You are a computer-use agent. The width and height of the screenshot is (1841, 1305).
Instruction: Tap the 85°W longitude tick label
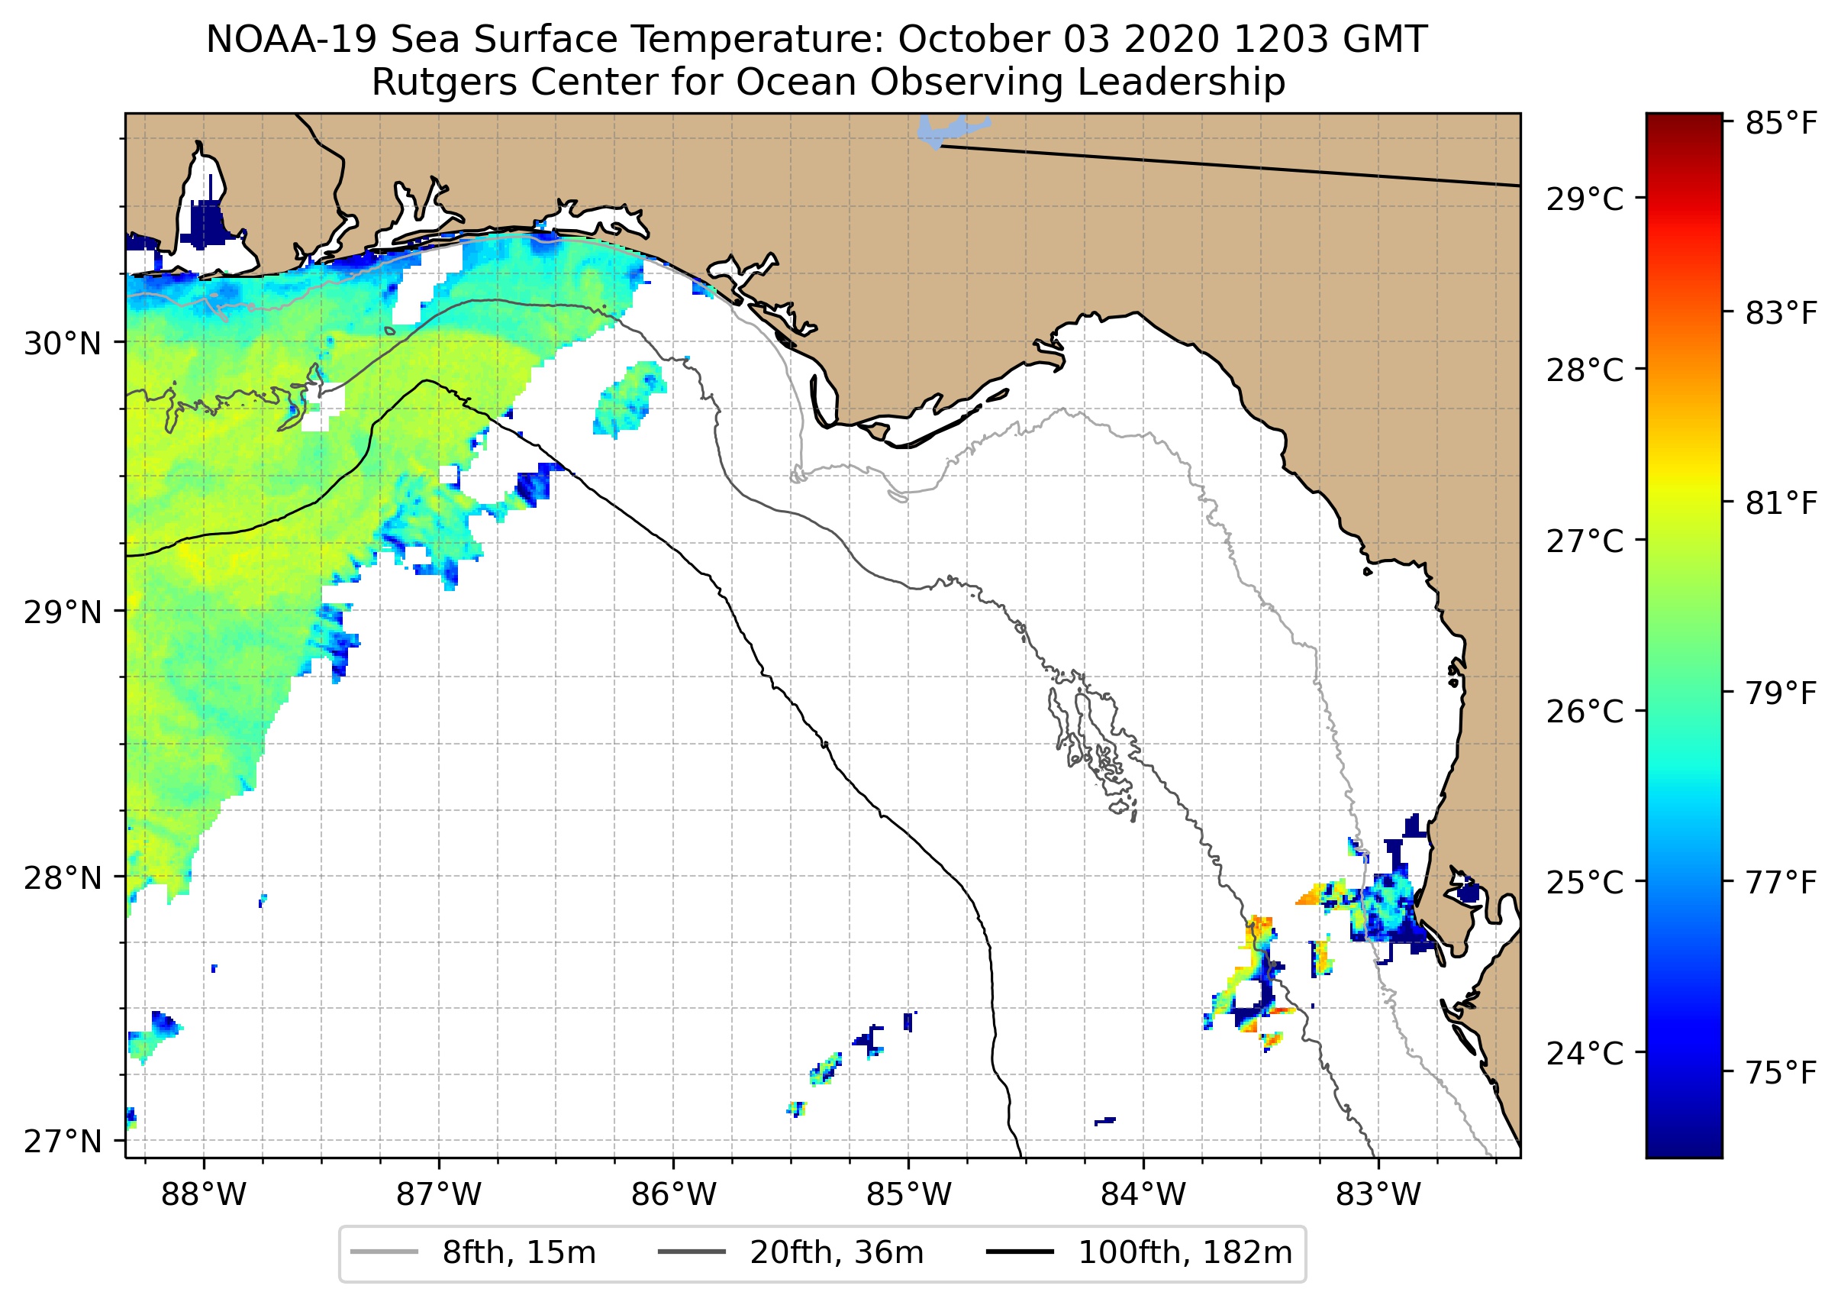(x=908, y=1195)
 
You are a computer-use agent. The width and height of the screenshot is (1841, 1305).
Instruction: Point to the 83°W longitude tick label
(x=1378, y=1195)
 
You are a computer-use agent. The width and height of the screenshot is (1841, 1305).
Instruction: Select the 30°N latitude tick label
(x=63, y=344)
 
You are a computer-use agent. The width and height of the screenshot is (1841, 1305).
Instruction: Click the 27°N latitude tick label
(x=63, y=1141)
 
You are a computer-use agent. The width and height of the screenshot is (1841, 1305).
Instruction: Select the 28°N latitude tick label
(x=63, y=878)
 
